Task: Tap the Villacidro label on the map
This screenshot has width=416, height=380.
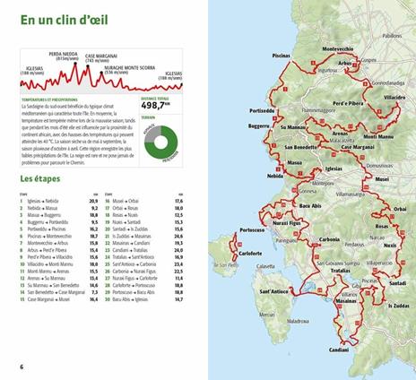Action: click(x=394, y=121)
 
